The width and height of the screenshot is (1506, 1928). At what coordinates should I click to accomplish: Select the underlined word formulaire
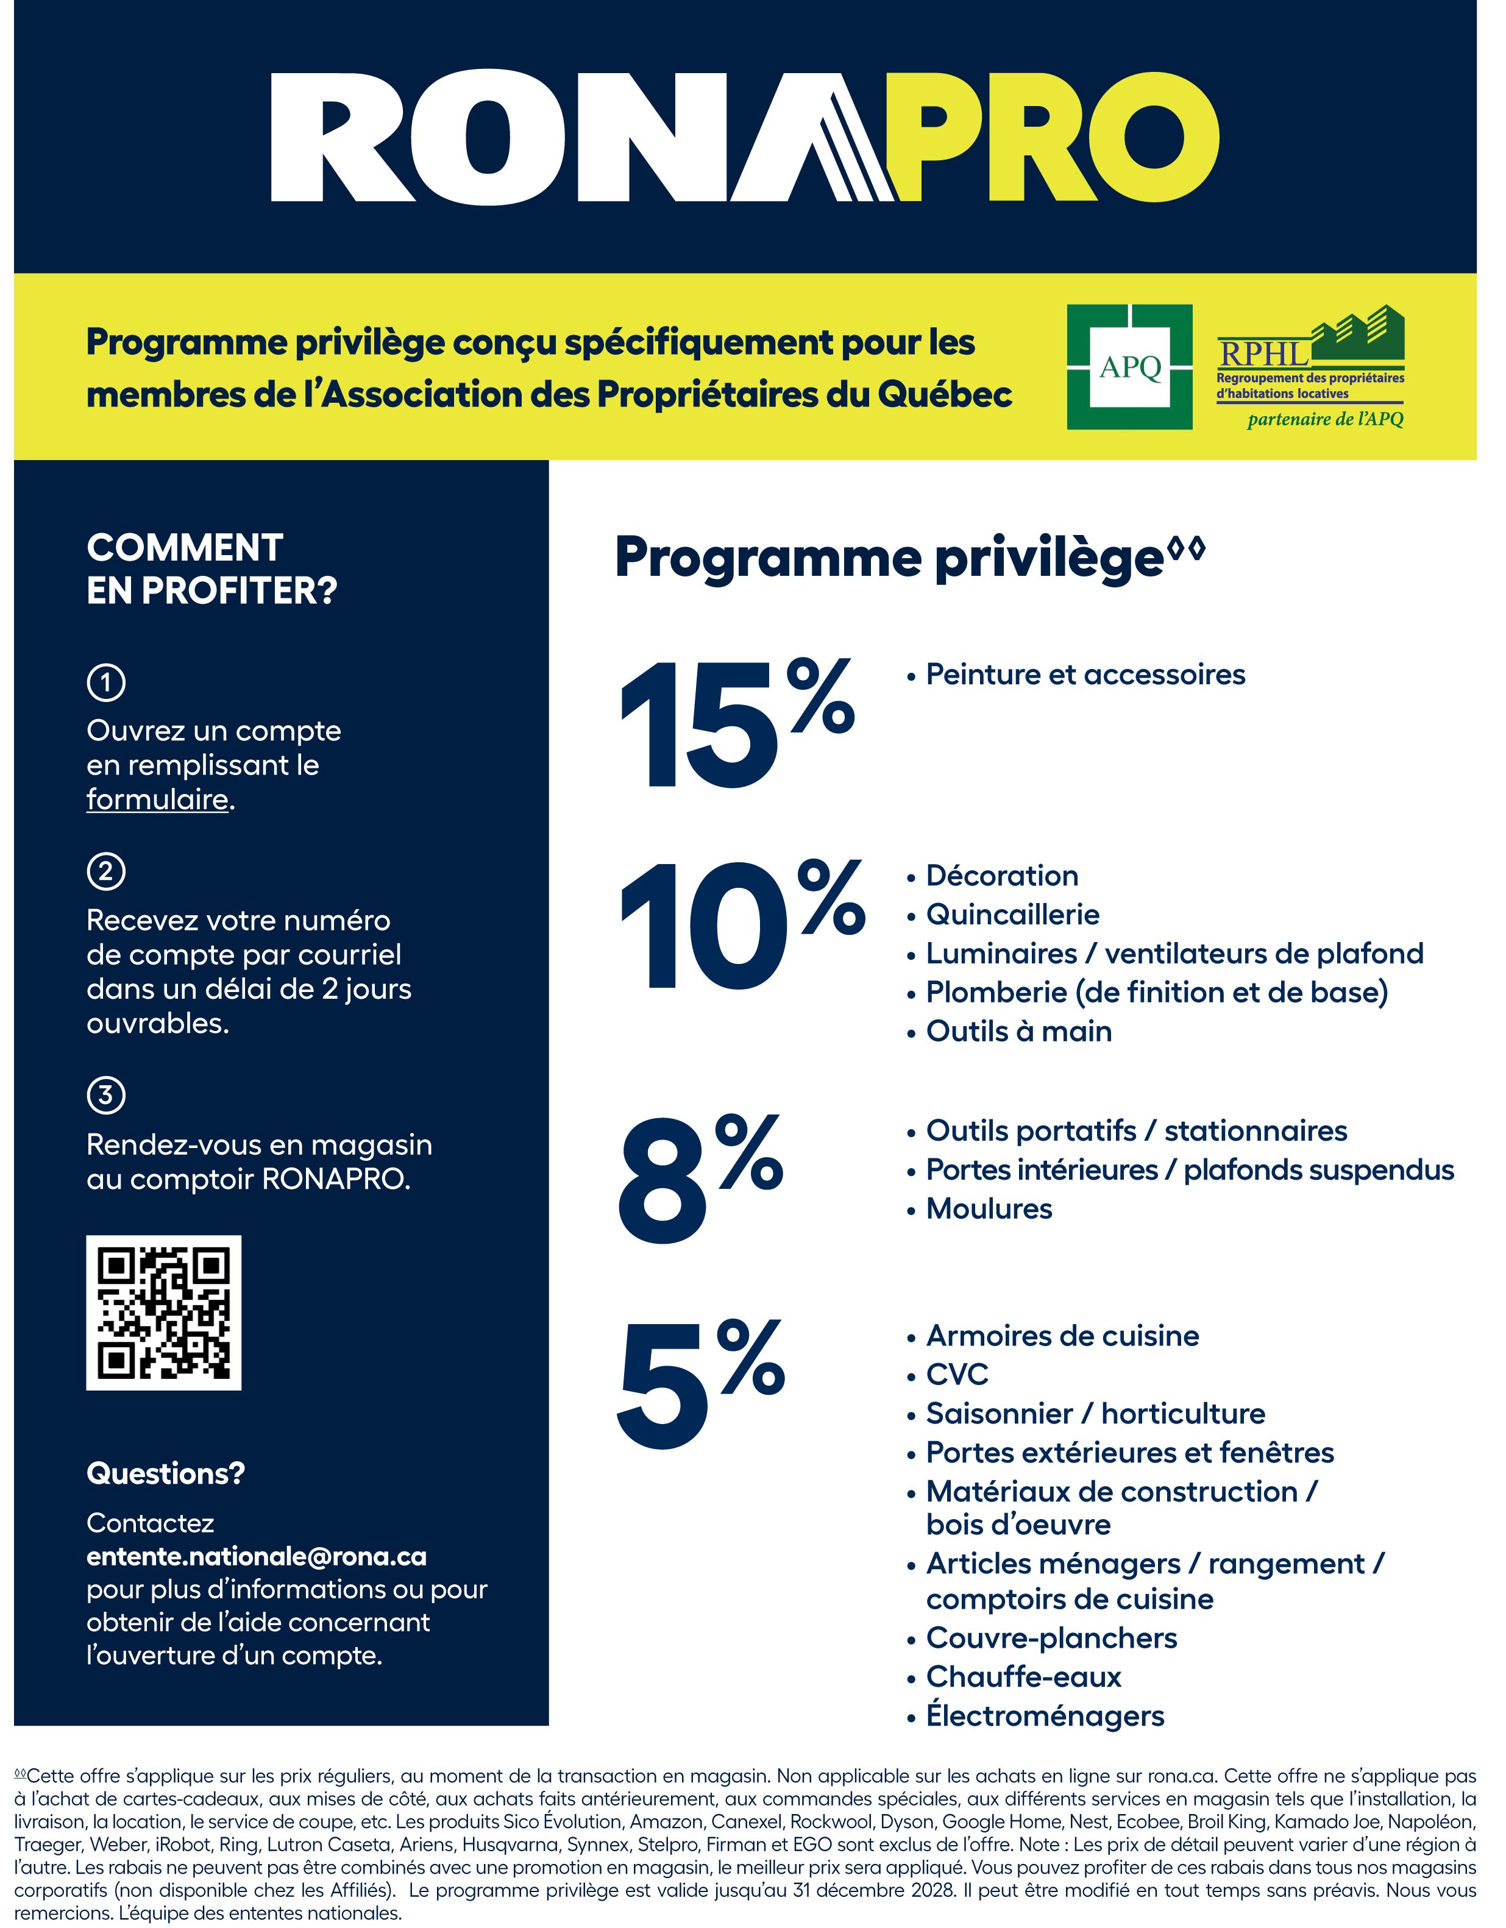pyautogui.click(x=157, y=800)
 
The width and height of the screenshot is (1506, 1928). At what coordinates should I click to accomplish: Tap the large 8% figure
pyautogui.click(x=700, y=1179)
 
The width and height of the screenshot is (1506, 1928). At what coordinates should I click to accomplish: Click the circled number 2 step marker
pyautogui.click(x=106, y=871)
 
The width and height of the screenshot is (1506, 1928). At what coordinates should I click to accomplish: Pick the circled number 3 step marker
pyautogui.click(x=106, y=1096)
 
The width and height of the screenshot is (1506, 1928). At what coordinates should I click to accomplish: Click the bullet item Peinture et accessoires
pyautogui.click(x=1085, y=675)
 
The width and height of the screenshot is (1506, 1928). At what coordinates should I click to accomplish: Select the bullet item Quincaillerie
pyautogui.click(x=1012, y=915)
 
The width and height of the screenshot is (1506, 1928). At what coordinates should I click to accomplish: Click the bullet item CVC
pyautogui.click(x=957, y=1375)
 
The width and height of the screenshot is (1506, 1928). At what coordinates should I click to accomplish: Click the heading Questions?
pyautogui.click(x=166, y=1473)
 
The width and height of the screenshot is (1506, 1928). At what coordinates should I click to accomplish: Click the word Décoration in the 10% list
pyautogui.click(x=1002, y=876)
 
